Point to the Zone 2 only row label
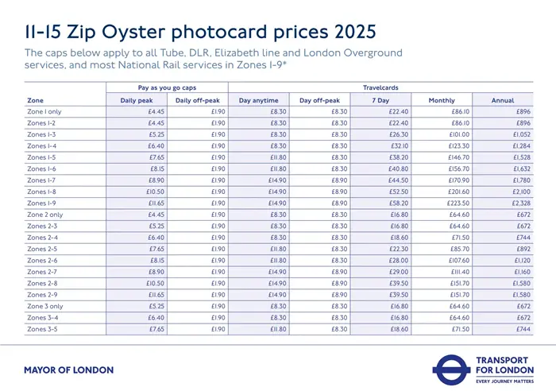45,215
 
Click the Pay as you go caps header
167,87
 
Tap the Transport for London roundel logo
453,368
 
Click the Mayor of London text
68,370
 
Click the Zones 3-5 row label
43,328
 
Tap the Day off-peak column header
319,100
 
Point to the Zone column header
35,100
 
